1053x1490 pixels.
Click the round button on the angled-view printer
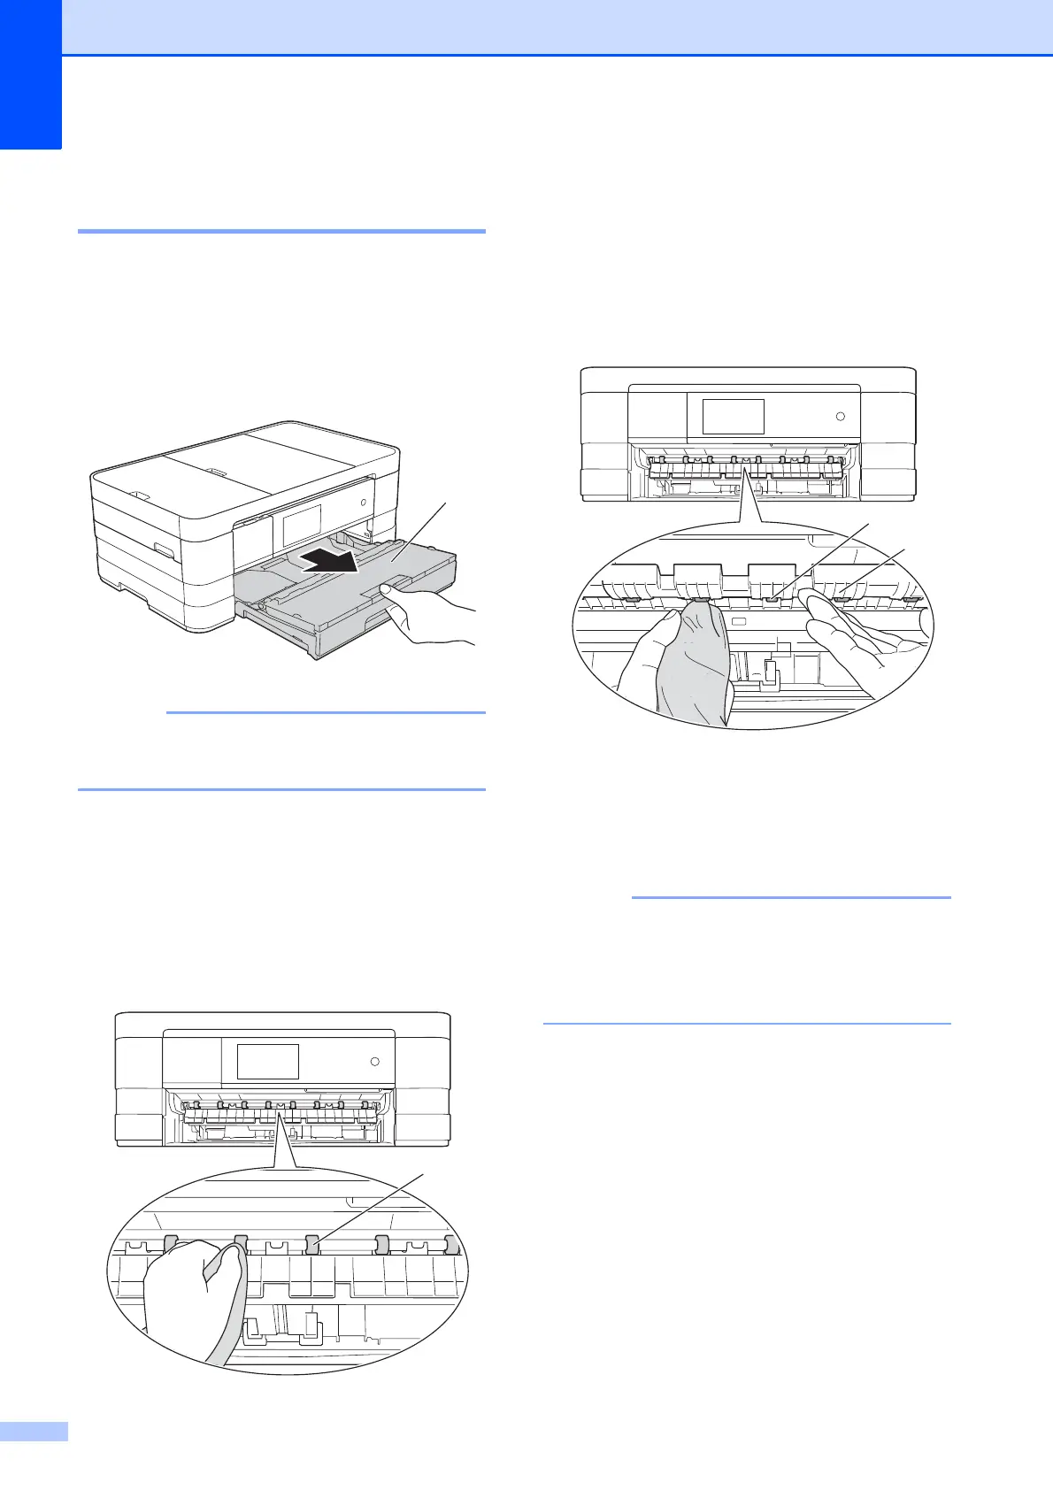[x=363, y=502]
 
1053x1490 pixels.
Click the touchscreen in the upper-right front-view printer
[x=733, y=416]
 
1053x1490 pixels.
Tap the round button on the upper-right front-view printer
[x=841, y=416]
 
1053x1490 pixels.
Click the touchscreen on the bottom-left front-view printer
[x=268, y=1061]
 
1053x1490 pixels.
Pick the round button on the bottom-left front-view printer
[x=375, y=1061]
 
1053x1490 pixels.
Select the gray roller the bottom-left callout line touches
[x=312, y=1245]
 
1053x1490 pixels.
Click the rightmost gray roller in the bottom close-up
[x=452, y=1245]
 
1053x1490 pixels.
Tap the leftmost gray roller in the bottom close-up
[x=171, y=1243]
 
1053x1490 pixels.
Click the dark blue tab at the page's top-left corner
[x=31, y=75]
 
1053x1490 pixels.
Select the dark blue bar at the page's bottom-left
[x=34, y=1455]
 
